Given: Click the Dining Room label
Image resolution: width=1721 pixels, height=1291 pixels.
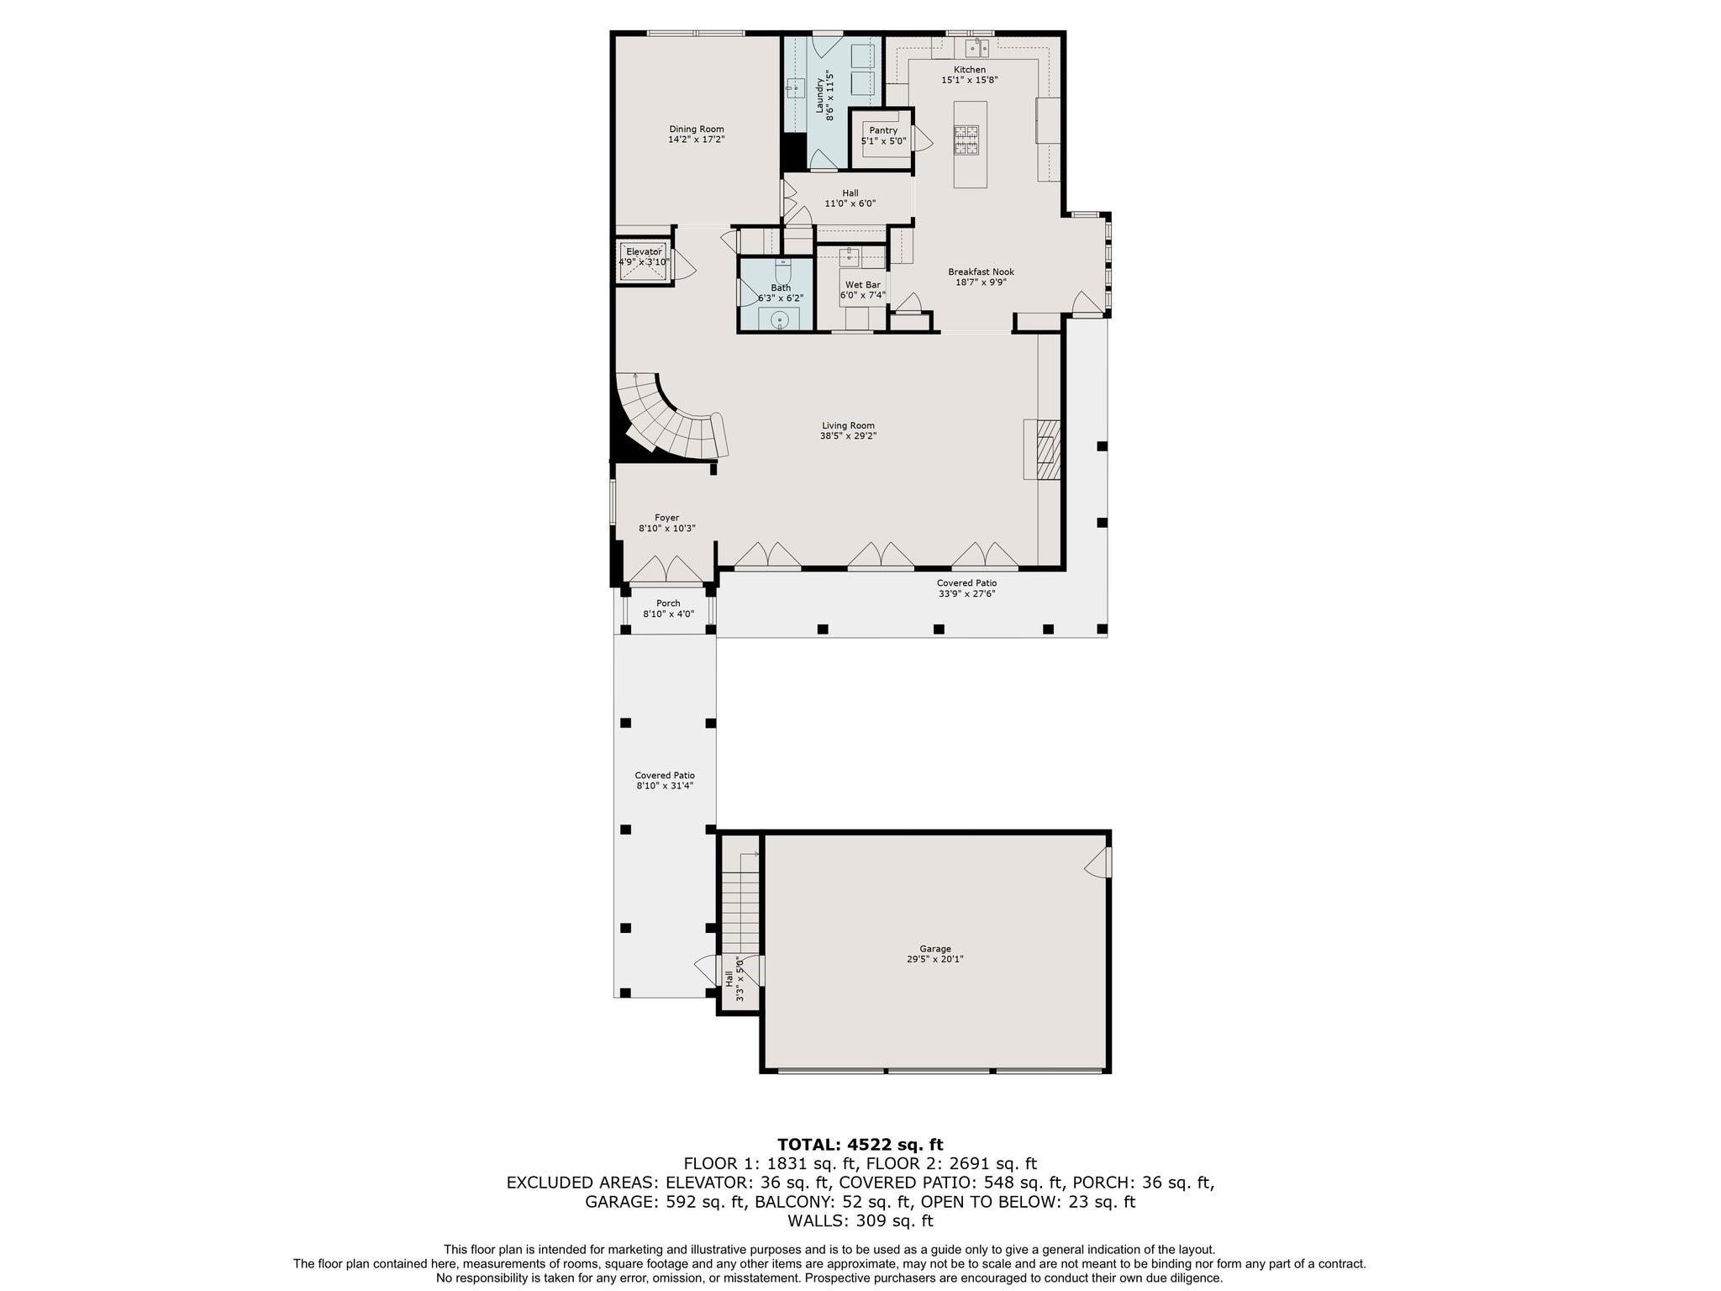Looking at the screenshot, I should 696,129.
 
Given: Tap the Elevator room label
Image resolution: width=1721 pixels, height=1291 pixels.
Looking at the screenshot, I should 644,251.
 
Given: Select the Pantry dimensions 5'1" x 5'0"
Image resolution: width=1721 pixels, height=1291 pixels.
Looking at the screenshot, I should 883,141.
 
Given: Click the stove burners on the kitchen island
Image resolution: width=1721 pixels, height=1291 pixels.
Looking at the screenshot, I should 966,140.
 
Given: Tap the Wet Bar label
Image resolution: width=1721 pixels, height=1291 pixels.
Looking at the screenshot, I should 862,285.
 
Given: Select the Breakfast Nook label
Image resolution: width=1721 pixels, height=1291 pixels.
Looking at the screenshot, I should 981,271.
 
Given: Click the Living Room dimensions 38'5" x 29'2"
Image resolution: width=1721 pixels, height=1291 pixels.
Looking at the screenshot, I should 848,436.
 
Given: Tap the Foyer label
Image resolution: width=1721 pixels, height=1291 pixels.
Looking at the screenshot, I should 666,518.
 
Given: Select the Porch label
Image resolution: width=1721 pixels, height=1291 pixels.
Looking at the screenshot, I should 668,603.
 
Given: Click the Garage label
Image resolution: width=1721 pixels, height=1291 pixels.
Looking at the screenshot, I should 934,948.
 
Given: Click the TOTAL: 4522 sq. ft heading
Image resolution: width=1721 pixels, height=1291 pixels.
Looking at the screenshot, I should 860,1144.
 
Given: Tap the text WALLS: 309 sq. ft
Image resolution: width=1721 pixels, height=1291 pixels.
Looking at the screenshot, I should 860,1220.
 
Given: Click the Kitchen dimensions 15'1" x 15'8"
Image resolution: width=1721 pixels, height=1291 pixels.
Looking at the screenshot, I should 969,80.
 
